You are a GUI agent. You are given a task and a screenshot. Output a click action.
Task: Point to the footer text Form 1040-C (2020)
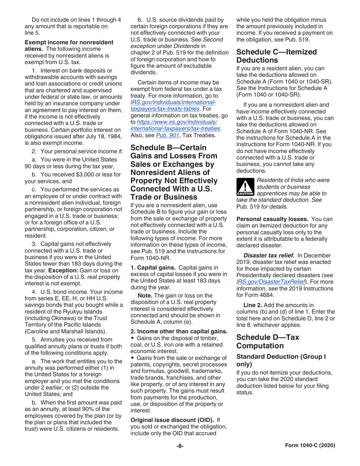pos(310,446)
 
